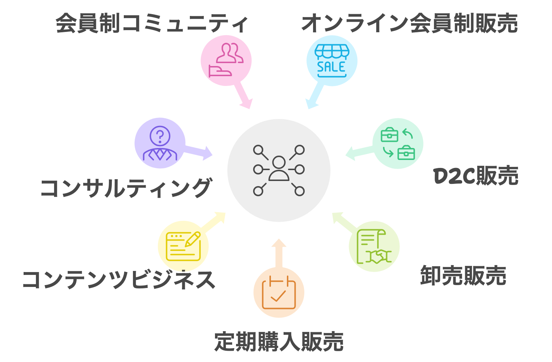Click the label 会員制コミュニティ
tap(152, 24)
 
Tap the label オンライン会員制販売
tap(409, 24)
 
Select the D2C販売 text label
tap(476, 176)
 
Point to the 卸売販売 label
tap(463, 276)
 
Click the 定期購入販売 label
tap(279, 341)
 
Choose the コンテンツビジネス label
tap(119, 280)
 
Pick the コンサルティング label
tap(126, 188)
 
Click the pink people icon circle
tap(226, 61)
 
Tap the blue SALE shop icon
tap(332, 61)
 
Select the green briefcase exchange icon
tap(398, 143)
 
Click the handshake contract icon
tap(374, 246)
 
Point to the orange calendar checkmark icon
tap(279, 292)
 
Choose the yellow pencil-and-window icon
tap(183, 246)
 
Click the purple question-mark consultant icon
tap(160, 143)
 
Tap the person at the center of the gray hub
tap(279, 169)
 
